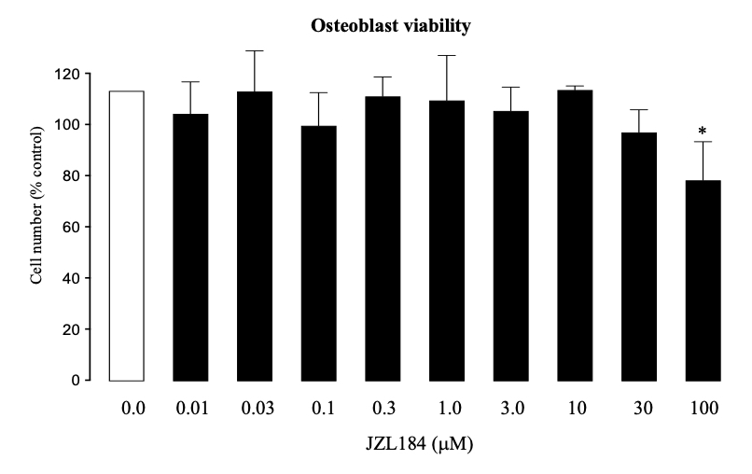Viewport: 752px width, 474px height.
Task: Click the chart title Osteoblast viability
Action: pos(391,26)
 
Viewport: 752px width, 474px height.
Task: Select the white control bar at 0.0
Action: pos(127,235)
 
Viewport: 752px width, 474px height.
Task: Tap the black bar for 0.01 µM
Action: pos(190,247)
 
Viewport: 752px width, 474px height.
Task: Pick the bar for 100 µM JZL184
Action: pos(703,281)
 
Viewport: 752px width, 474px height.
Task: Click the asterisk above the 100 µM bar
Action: pos(703,131)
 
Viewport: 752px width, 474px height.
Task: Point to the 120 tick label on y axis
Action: pos(67,74)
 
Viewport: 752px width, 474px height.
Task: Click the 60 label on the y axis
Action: pos(72,227)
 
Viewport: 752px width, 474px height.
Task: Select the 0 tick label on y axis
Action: pos(76,381)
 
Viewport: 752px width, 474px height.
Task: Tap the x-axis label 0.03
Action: pos(258,409)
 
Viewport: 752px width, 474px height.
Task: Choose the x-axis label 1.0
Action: pos(450,409)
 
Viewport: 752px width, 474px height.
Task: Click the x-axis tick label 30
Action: pos(643,409)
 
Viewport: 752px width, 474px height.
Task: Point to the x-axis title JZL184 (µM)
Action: pos(419,444)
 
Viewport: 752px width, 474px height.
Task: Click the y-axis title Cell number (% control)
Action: pos(36,205)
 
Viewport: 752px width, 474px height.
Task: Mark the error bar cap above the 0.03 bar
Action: pos(255,51)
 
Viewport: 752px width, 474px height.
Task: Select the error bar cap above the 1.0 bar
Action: pos(447,56)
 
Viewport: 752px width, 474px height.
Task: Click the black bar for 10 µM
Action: pos(575,235)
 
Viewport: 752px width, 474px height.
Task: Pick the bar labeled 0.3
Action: pos(383,239)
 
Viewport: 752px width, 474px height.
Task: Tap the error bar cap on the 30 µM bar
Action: pos(639,110)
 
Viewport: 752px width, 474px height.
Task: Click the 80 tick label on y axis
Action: pos(72,176)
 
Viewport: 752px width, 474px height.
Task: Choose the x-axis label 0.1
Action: pos(323,409)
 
